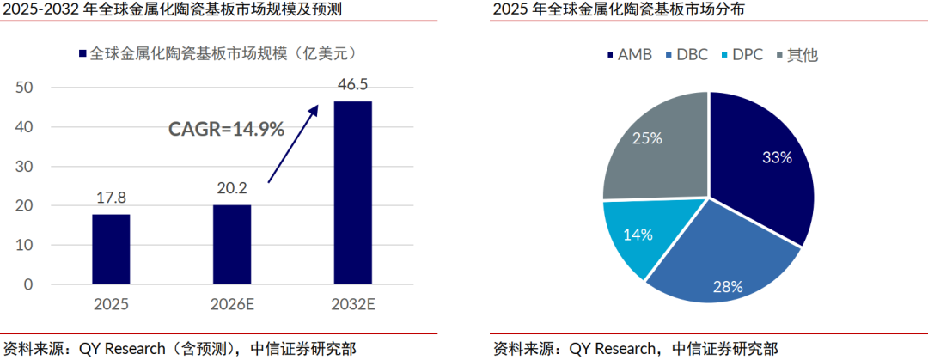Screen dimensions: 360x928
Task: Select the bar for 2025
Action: pos(111,248)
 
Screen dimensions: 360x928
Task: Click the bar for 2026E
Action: pos(232,244)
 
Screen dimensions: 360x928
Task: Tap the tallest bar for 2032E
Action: pos(353,192)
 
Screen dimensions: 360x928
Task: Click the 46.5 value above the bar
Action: pos(353,85)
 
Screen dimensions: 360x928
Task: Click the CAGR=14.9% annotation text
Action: pos(226,130)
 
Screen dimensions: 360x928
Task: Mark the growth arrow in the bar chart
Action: pos(293,143)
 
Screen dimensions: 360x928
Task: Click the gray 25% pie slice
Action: pos(651,146)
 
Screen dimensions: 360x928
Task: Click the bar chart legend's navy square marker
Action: pos(82,53)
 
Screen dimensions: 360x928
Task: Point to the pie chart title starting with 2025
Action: pos(619,10)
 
